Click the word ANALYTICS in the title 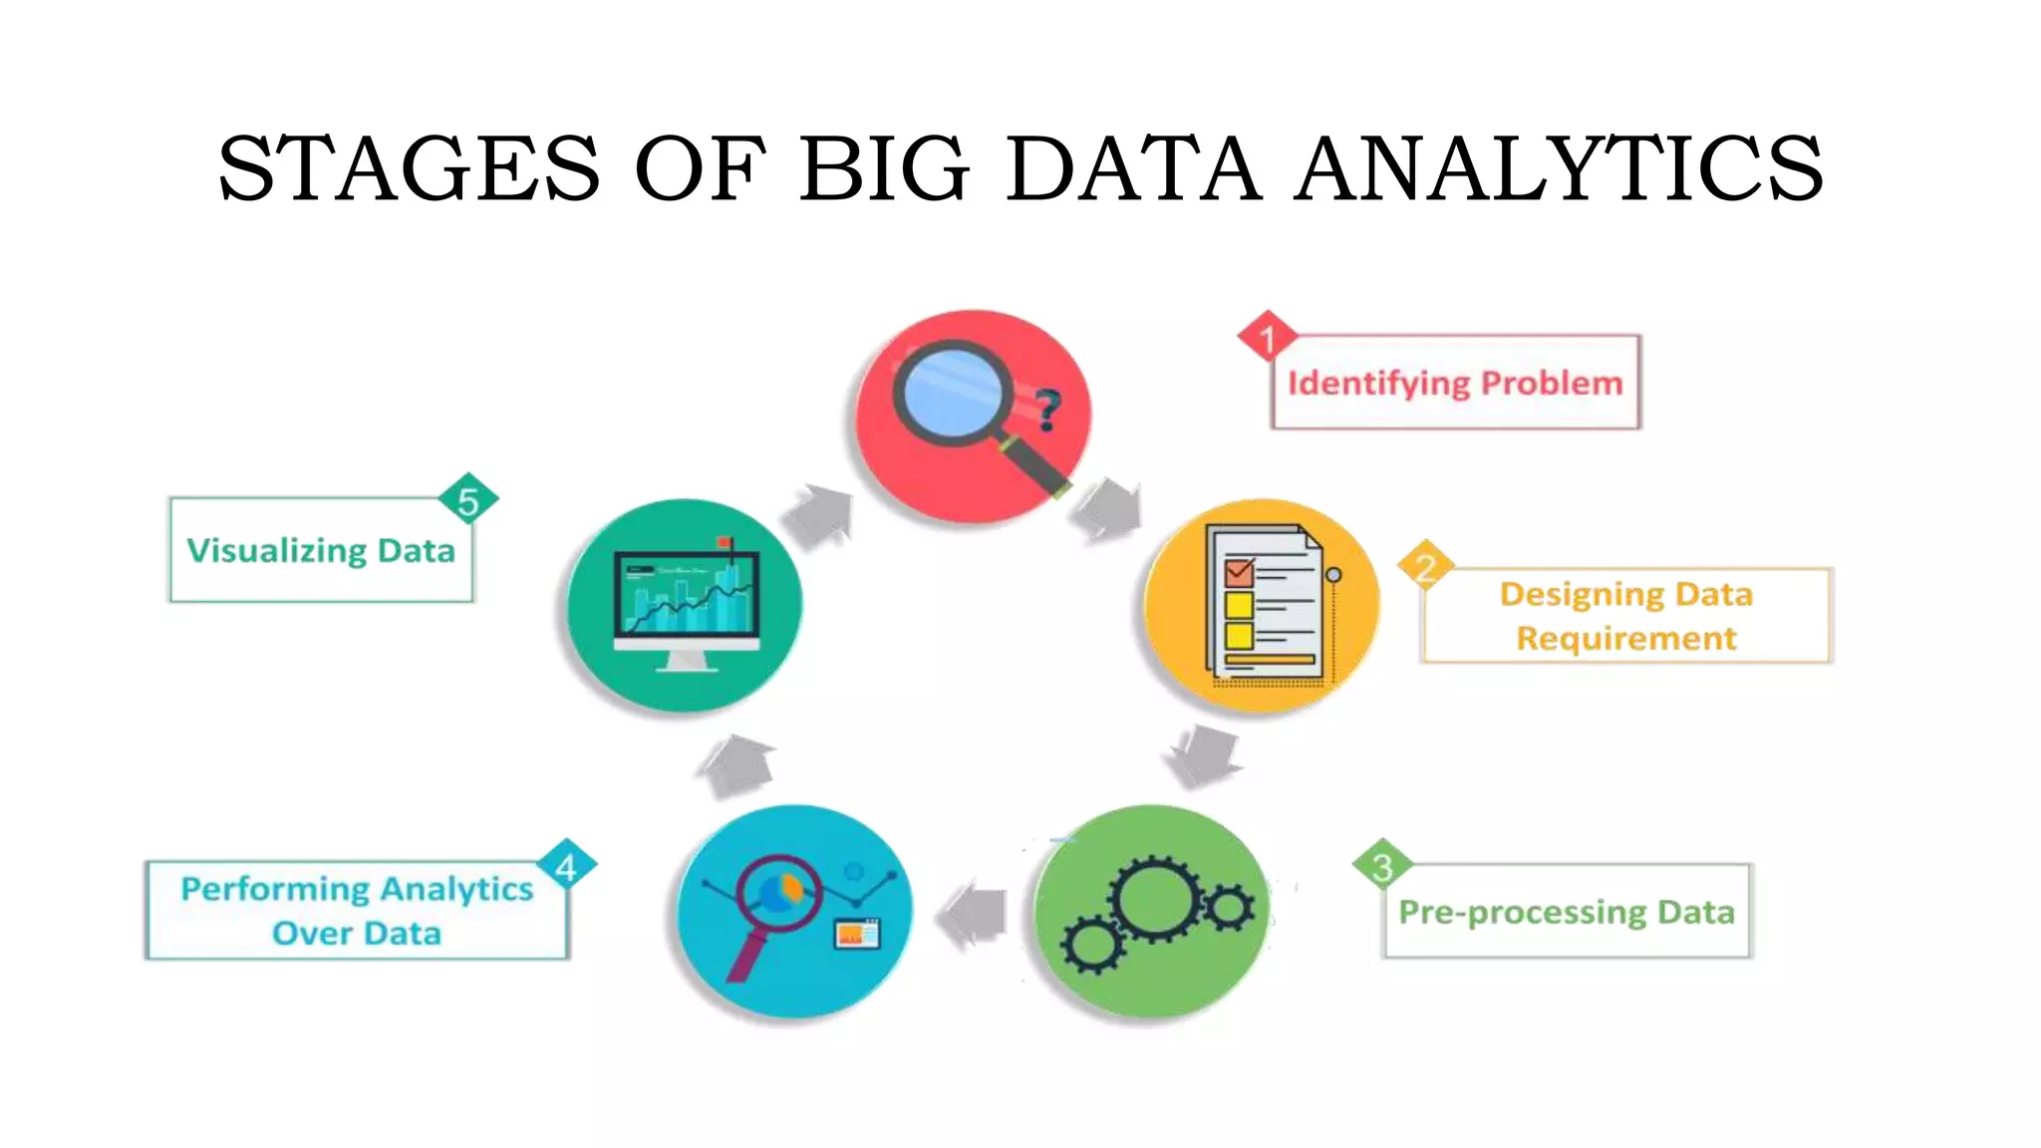[1560, 167]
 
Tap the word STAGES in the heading [409, 167]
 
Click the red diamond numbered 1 [1267, 339]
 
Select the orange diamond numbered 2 [1426, 567]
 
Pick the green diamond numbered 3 [1382, 867]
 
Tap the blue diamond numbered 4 [566, 867]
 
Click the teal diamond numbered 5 [467, 500]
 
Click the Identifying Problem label [1455, 383]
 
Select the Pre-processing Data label [1566, 912]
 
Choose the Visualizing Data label [321, 550]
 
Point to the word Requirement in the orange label [1625, 638]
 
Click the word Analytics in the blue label [456, 888]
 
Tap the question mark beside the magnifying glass [1046, 409]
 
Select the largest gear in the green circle [1156, 900]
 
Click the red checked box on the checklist [1239, 572]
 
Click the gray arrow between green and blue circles [974, 914]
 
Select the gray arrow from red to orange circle [1106, 508]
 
